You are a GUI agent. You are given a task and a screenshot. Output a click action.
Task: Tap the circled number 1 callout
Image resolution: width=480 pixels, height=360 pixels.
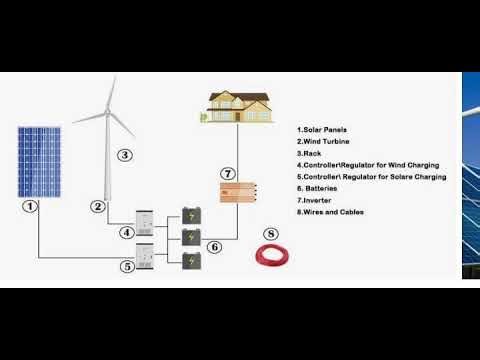coord(31,206)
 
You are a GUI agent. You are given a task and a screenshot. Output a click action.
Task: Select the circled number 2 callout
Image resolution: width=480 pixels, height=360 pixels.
coord(98,206)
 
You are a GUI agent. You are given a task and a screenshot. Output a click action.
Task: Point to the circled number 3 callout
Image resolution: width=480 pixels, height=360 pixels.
coord(124,155)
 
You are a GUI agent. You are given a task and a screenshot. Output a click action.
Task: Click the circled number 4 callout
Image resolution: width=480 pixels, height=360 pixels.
coord(127,233)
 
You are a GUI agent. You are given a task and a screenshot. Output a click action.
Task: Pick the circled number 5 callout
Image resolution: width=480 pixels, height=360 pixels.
coord(127,267)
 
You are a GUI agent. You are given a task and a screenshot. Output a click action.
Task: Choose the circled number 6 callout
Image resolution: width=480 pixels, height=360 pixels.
coord(213,246)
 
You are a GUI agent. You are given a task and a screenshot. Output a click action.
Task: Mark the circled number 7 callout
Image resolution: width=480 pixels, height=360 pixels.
coord(228,174)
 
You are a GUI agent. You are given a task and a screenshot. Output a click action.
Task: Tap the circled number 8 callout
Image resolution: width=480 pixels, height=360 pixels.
coord(269,236)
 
